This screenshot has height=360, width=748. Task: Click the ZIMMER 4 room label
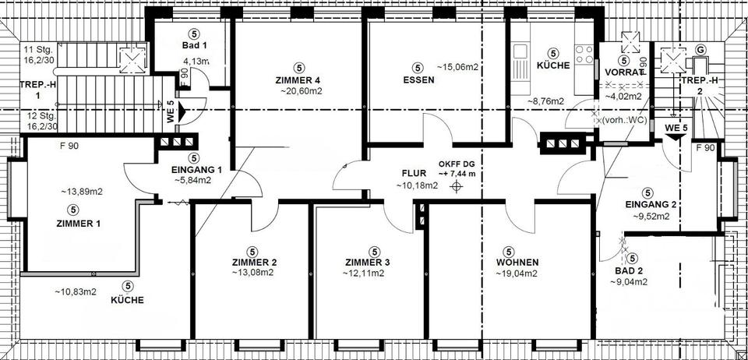298,80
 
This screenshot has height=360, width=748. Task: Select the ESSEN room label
418,80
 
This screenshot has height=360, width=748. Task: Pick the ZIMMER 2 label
252,263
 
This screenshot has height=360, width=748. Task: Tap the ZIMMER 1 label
72,223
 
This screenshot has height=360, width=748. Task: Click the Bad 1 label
194,46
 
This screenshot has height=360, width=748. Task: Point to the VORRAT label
624,72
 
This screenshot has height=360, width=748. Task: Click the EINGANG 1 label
197,169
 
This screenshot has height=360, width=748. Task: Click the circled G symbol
700,50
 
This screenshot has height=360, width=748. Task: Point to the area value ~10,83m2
75,291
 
